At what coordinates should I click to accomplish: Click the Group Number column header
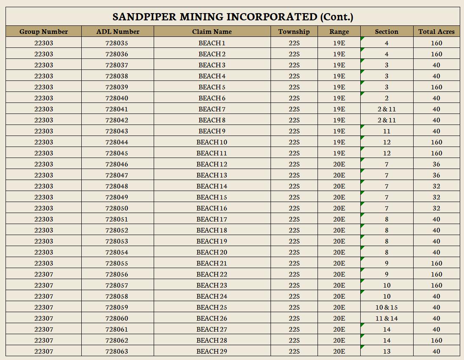click(44, 31)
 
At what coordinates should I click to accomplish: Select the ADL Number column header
click(118, 31)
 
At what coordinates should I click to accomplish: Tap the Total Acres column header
click(436, 31)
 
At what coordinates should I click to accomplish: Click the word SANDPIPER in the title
click(144, 17)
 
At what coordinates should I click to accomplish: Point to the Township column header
click(294, 31)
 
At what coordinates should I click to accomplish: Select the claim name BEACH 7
click(212, 109)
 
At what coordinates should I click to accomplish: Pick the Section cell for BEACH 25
click(387, 307)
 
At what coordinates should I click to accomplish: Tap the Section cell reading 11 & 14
click(387, 318)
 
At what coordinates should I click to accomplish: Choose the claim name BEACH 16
click(212, 208)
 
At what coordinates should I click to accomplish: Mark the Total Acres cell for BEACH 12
click(436, 164)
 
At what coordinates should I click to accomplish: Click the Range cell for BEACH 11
click(339, 153)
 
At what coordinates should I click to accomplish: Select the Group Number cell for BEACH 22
click(44, 274)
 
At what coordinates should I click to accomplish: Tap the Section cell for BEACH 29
click(387, 351)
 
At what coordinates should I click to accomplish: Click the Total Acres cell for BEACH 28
click(436, 340)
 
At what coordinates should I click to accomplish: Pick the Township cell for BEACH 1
click(294, 43)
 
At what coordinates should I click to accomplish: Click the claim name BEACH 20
click(212, 252)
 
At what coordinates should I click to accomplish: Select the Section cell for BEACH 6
click(387, 98)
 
